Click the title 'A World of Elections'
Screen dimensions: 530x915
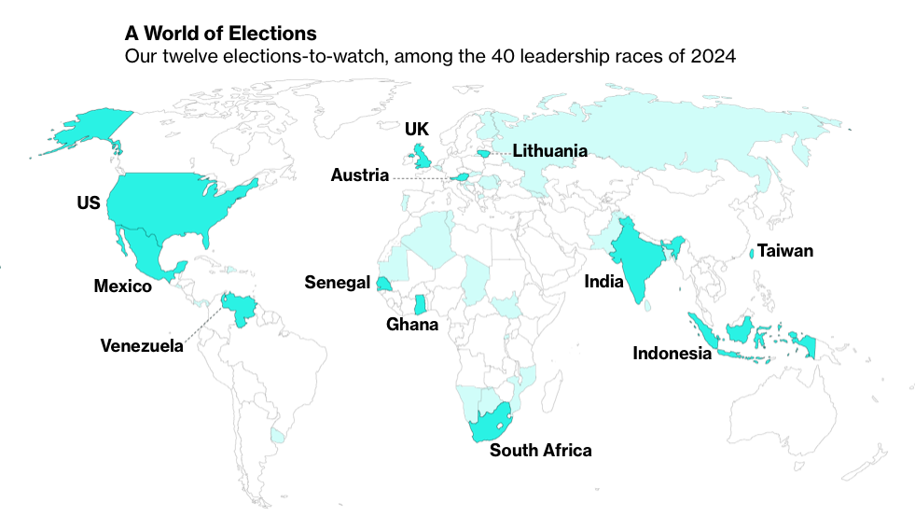coord(221,34)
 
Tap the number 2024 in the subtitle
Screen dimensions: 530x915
coord(714,57)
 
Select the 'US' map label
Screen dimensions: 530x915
coord(89,202)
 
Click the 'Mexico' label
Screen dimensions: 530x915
coord(122,286)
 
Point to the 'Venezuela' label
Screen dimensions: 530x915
coord(142,346)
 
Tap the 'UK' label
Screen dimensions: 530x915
coord(416,129)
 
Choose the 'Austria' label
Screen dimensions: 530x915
coord(359,175)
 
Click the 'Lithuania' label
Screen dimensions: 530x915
coord(549,150)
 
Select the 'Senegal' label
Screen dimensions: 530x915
coord(337,282)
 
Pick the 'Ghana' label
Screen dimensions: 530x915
coord(412,325)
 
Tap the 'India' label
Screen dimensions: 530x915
coord(603,281)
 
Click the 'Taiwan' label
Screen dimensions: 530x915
coord(784,250)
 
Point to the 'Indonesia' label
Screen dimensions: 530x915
coord(672,354)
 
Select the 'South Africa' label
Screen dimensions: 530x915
coord(540,451)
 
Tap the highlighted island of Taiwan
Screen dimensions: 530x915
coord(752,253)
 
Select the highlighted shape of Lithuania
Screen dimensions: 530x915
coord(484,153)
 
